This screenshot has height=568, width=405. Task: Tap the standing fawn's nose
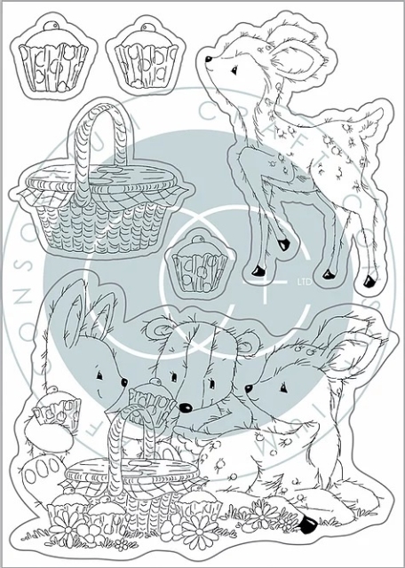click(x=209, y=60)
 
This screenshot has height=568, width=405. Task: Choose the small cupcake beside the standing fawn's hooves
click(x=195, y=264)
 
